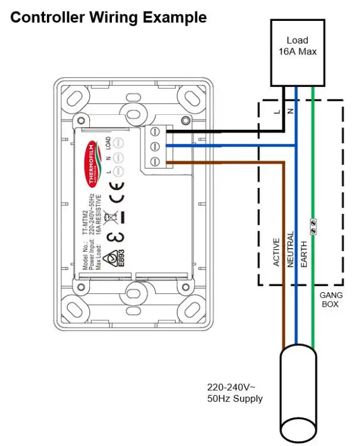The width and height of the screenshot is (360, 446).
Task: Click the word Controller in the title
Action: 46,17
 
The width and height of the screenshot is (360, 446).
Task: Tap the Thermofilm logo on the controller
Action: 90,159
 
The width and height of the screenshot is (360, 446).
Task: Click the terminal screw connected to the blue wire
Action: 155,147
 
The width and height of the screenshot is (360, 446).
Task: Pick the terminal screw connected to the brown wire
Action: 155,161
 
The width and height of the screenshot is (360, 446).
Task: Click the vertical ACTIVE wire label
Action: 277,252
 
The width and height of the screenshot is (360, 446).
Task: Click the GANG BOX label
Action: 331,299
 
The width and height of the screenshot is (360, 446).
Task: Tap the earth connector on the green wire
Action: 314,226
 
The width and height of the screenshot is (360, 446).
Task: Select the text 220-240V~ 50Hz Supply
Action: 234,393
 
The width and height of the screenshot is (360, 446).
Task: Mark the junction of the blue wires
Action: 296,146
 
